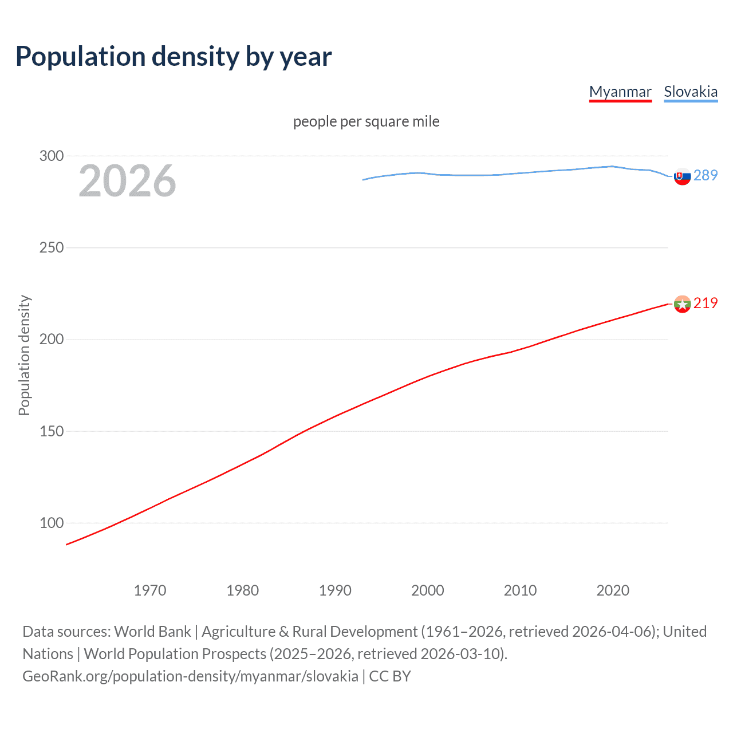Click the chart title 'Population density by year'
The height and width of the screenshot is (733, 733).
pyautogui.click(x=174, y=57)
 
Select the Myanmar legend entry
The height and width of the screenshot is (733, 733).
pyautogui.click(x=620, y=92)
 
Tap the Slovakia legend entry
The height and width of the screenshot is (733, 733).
pyautogui.click(x=691, y=92)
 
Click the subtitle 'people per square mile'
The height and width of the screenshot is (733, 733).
pyautogui.click(x=366, y=121)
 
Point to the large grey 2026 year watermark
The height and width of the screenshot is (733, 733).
pyautogui.click(x=127, y=181)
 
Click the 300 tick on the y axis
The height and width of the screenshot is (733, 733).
pyautogui.click(x=52, y=156)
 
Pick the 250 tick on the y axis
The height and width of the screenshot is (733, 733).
pyautogui.click(x=52, y=247)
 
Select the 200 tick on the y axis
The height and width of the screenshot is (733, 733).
pyautogui.click(x=52, y=339)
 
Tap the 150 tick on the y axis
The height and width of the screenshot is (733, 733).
pyautogui.click(x=52, y=431)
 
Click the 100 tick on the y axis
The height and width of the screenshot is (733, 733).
pyautogui.click(x=52, y=523)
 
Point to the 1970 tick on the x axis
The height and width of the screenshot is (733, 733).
pyautogui.click(x=150, y=590)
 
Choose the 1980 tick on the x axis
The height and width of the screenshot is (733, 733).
pyautogui.click(x=243, y=590)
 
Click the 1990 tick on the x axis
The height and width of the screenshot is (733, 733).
pyautogui.click(x=335, y=590)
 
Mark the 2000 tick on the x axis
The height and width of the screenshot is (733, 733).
pyautogui.click(x=428, y=590)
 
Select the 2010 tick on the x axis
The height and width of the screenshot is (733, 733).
pyautogui.click(x=520, y=590)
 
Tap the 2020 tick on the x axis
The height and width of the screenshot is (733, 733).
pyautogui.click(x=613, y=590)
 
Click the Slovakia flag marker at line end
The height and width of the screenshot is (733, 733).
pyautogui.click(x=682, y=177)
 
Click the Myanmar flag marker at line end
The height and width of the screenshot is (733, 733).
pyautogui.click(x=682, y=304)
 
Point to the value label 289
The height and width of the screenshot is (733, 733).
pyautogui.click(x=706, y=175)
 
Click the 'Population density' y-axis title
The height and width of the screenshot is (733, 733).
pyautogui.click(x=24, y=355)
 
